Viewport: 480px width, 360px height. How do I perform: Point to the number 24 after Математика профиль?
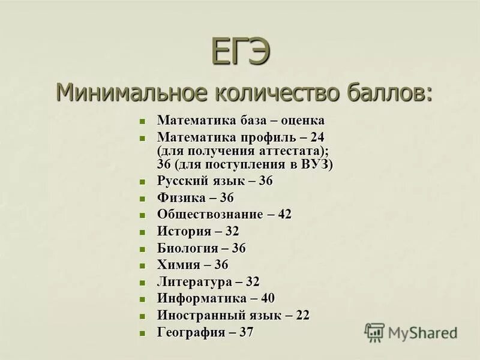(317, 137)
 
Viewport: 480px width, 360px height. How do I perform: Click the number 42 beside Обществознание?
(284, 214)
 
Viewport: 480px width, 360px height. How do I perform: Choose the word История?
(184, 231)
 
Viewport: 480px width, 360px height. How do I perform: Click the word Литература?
(194, 281)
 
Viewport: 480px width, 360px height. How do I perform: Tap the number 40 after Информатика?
(267, 298)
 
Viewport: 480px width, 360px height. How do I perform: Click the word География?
(191, 332)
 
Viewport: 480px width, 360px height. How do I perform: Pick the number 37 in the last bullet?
(246, 332)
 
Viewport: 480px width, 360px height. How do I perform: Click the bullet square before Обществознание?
(142, 215)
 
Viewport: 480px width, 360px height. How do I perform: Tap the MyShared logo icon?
(375, 332)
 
